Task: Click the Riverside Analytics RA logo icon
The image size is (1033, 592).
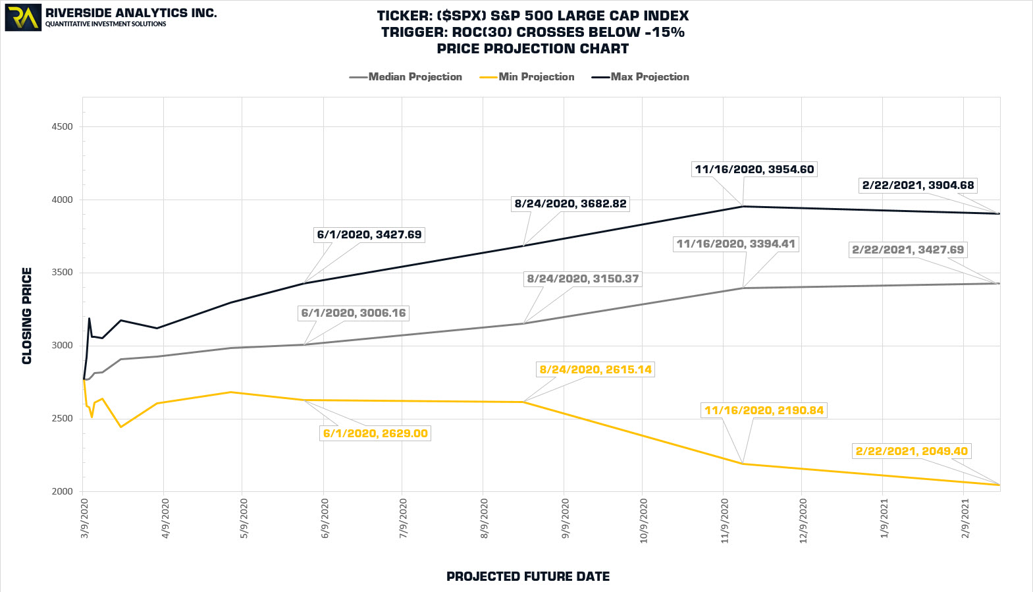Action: click(23, 18)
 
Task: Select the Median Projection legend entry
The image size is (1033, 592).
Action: click(406, 77)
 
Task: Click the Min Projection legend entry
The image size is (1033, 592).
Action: click(527, 77)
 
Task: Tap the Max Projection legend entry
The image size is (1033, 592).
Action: click(641, 77)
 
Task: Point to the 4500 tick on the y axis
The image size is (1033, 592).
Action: click(62, 127)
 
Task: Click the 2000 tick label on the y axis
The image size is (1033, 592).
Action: click(62, 492)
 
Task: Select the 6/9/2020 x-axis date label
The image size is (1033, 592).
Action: click(325, 519)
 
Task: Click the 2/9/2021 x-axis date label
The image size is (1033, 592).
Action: click(965, 519)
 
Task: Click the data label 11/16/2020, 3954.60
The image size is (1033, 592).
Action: click(755, 169)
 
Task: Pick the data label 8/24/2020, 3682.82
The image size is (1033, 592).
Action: click(570, 204)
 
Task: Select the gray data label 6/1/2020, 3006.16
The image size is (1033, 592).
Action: click(354, 313)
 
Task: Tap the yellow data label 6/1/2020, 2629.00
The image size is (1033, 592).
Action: click(375, 433)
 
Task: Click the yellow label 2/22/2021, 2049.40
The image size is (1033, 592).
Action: click(912, 451)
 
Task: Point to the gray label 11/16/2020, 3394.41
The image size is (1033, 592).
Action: click(736, 244)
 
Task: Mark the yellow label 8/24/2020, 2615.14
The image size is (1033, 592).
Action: click(596, 369)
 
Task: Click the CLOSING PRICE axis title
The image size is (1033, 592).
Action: click(27, 315)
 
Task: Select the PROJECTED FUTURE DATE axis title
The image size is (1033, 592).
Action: click(528, 577)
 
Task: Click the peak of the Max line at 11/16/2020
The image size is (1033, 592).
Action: click(743, 207)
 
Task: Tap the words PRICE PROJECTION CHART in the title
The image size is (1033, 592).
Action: click(533, 49)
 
